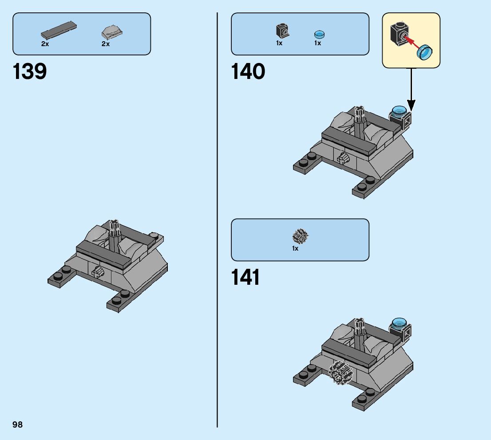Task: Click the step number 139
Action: point(30,71)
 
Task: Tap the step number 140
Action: point(248,71)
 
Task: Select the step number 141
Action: point(245,278)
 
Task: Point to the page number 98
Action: point(18,425)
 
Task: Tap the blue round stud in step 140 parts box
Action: point(319,34)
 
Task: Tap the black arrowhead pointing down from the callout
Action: point(411,106)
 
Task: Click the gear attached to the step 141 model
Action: point(340,372)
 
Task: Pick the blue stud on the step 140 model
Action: point(398,111)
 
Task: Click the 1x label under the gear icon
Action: point(295,249)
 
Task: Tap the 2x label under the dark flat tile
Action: point(45,44)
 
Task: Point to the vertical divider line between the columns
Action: point(217,222)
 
